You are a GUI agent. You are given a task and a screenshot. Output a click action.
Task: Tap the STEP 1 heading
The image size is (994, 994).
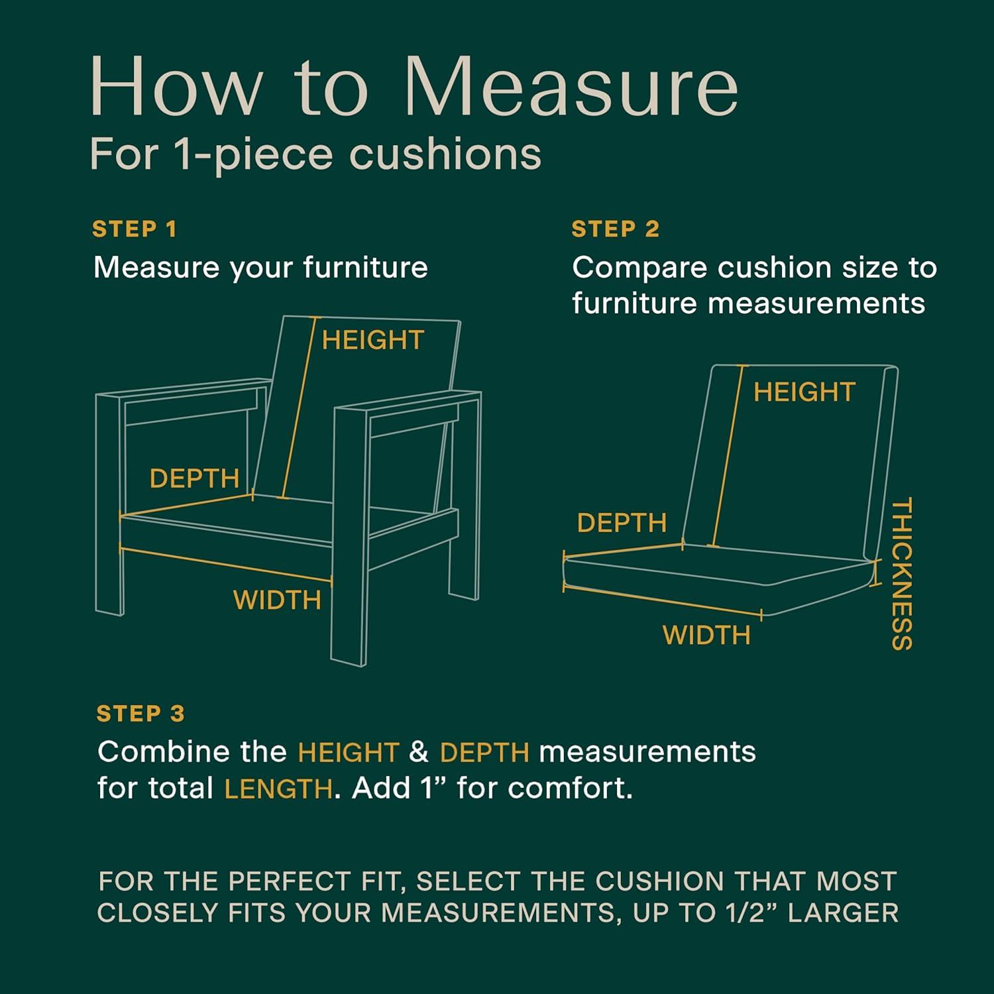click(x=135, y=229)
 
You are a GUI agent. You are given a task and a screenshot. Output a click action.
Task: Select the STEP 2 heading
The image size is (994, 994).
click(x=616, y=229)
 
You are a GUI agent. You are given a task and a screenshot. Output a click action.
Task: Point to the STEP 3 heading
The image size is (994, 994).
click(x=140, y=714)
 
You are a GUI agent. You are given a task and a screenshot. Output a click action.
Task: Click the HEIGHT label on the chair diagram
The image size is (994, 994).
click(x=372, y=341)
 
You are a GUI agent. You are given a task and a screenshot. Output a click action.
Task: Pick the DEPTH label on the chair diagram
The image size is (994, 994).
click(x=194, y=478)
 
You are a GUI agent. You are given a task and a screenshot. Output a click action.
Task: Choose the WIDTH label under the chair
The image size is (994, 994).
click(x=277, y=600)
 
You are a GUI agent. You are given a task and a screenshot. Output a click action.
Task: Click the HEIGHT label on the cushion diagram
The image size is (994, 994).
click(x=804, y=392)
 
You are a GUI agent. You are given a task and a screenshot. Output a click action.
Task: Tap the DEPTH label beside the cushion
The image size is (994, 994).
click(x=622, y=524)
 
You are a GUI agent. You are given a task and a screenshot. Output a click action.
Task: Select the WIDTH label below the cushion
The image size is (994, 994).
click(x=706, y=635)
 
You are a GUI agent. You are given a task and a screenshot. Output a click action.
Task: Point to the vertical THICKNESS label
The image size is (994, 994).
click(x=902, y=574)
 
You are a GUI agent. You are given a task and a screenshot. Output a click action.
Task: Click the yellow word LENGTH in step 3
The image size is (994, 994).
click(x=278, y=789)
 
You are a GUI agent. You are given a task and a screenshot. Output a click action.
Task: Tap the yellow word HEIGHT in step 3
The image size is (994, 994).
click(x=349, y=753)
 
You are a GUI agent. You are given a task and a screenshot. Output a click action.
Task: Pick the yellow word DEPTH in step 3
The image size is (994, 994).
click(x=484, y=753)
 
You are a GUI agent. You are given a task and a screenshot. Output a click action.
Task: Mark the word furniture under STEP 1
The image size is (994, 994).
click(x=366, y=268)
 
